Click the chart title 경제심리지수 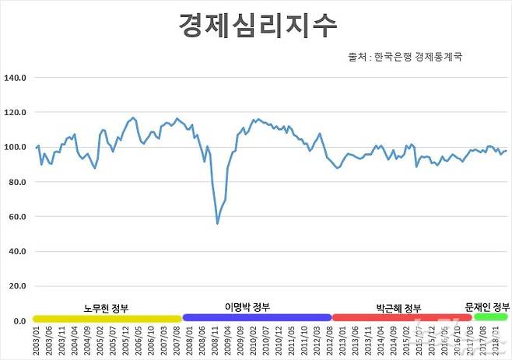coord(257,26)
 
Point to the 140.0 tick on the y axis coord(16,78)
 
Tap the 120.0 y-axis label coord(16,113)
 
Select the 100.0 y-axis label coord(16,147)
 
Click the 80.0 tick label coord(18,182)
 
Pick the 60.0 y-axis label coord(18,217)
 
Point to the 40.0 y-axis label coord(18,251)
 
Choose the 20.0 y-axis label coord(18,286)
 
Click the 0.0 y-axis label coord(20,321)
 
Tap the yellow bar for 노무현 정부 coord(107,318)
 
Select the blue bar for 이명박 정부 coord(257,318)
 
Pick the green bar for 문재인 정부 coord(480,318)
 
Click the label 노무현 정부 coord(107,308)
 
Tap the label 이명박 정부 coord(247,307)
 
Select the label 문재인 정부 coord(486,306)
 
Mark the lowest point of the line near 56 coord(217,224)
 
